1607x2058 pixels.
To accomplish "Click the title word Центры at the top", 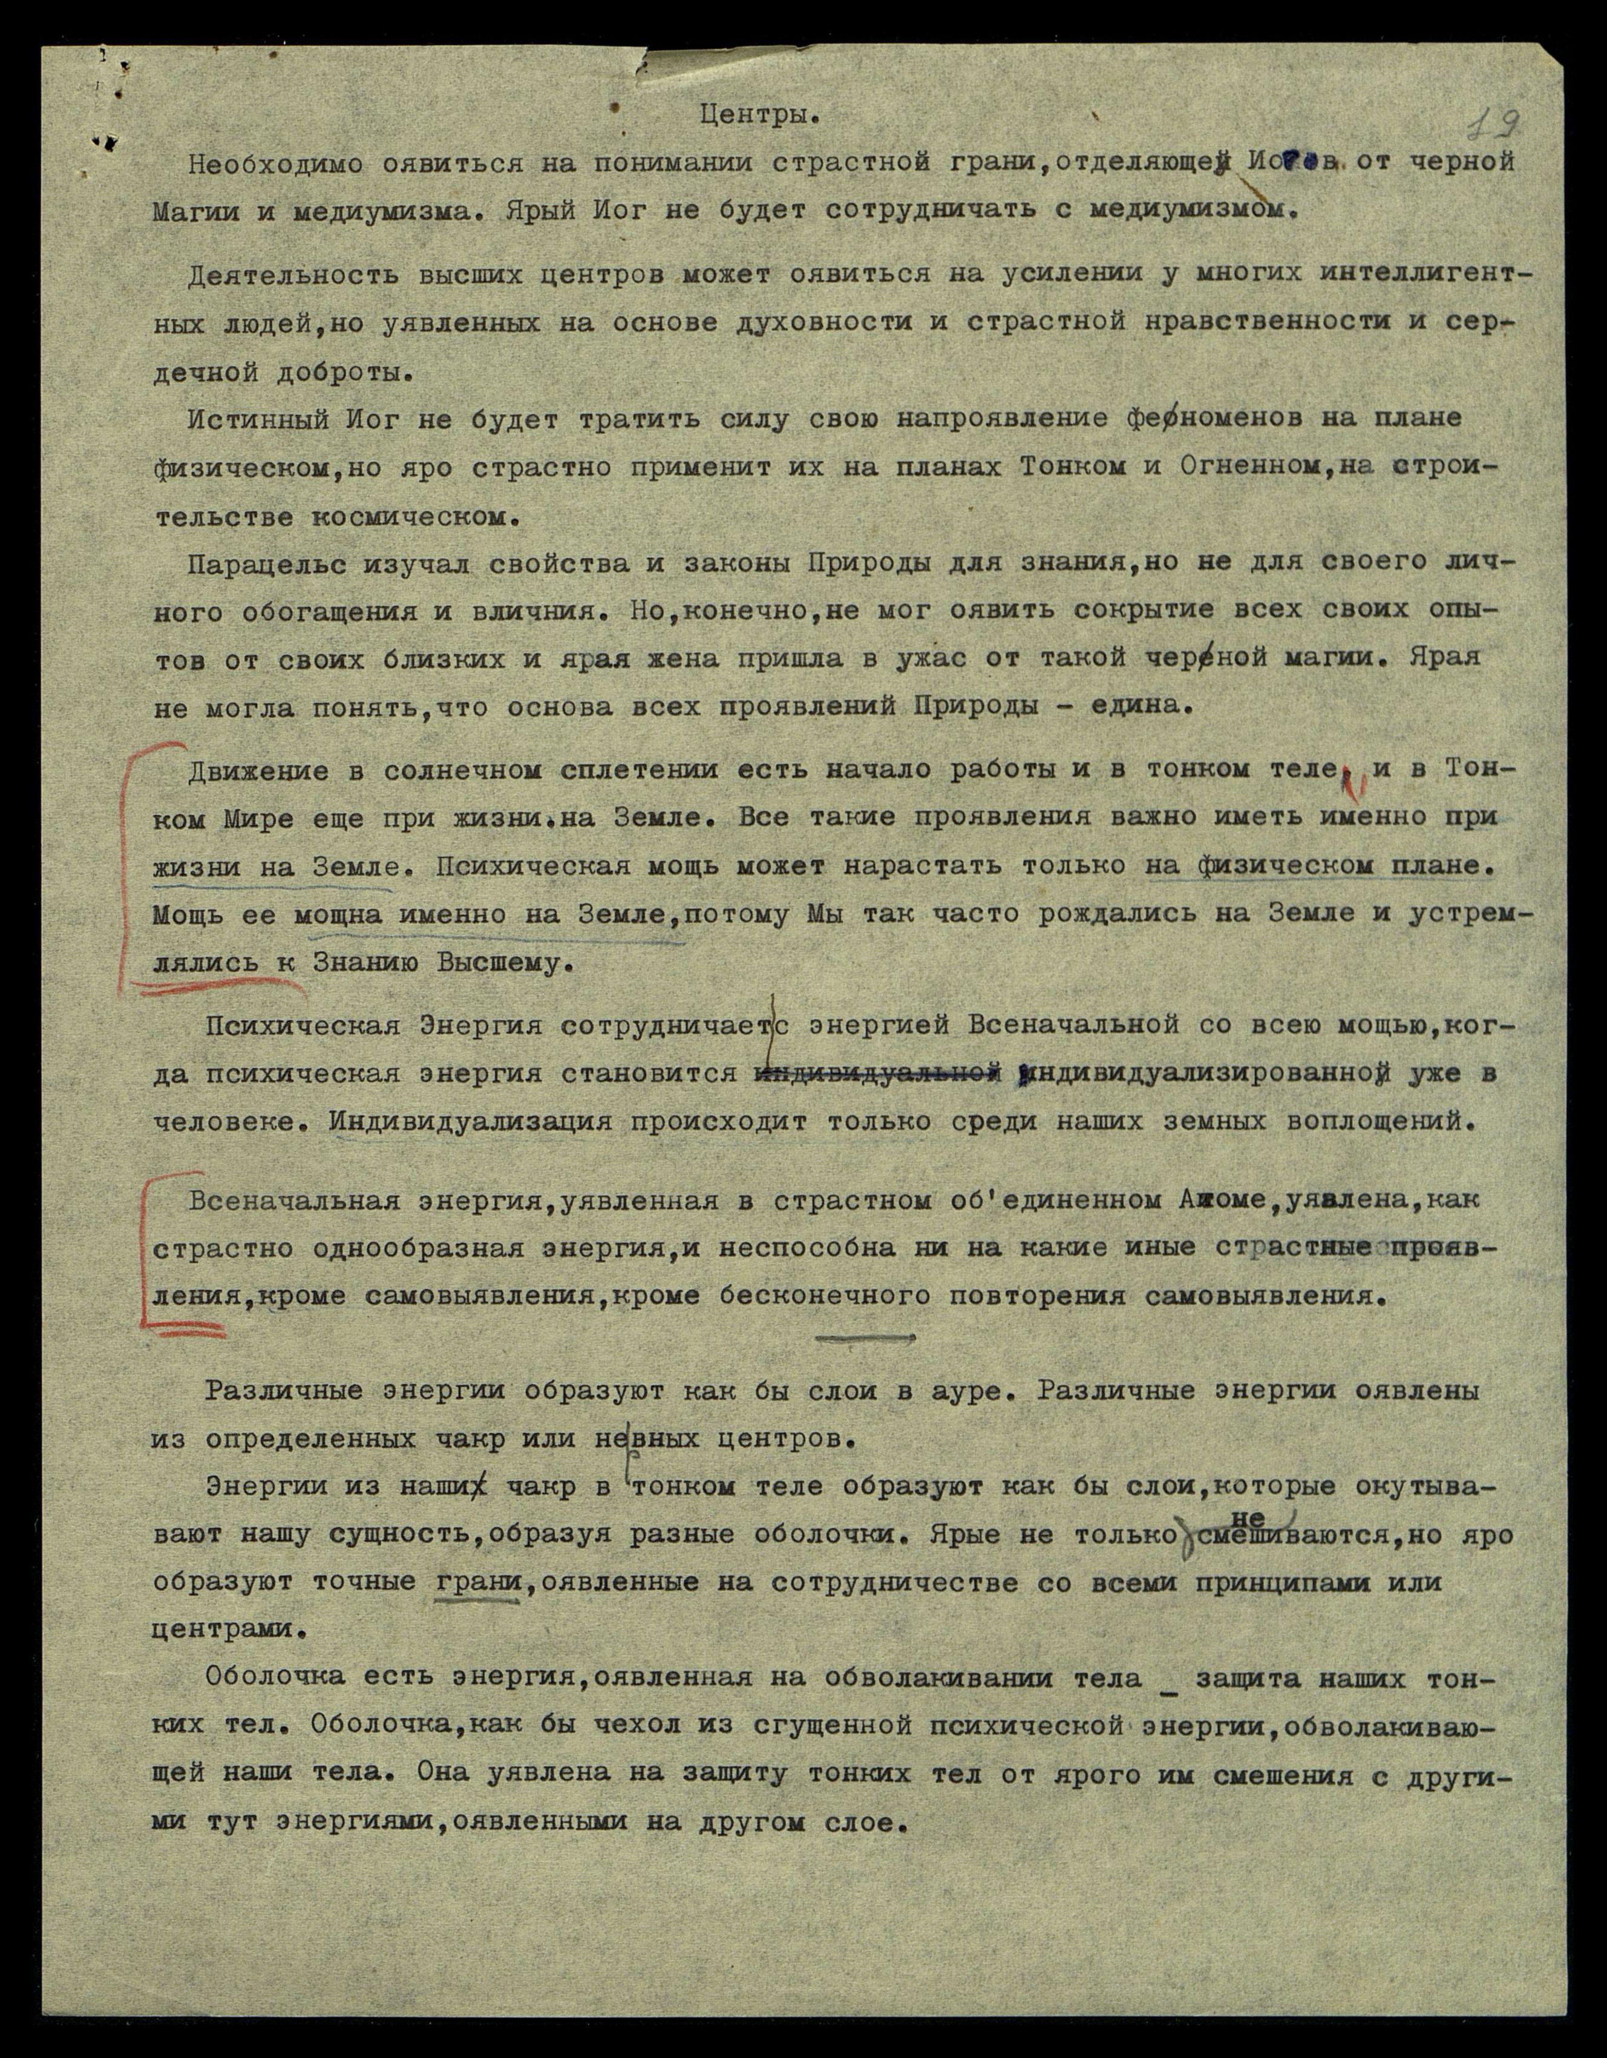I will click(759, 117).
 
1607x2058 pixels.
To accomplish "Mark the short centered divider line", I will click(865, 1337).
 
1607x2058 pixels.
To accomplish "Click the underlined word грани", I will click(479, 1582).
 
